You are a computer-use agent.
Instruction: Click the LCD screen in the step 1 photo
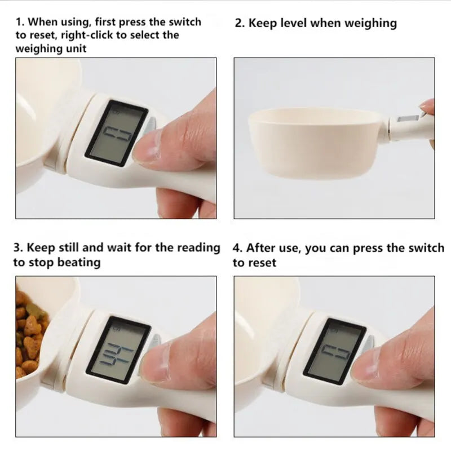pyautogui.click(x=116, y=134)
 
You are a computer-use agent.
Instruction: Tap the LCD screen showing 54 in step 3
pyautogui.click(x=120, y=351)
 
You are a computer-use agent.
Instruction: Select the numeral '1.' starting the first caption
pyautogui.click(x=20, y=22)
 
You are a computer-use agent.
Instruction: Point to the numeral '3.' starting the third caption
pyautogui.click(x=18, y=247)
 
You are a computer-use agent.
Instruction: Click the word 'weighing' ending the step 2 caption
pyautogui.click(x=369, y=23)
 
